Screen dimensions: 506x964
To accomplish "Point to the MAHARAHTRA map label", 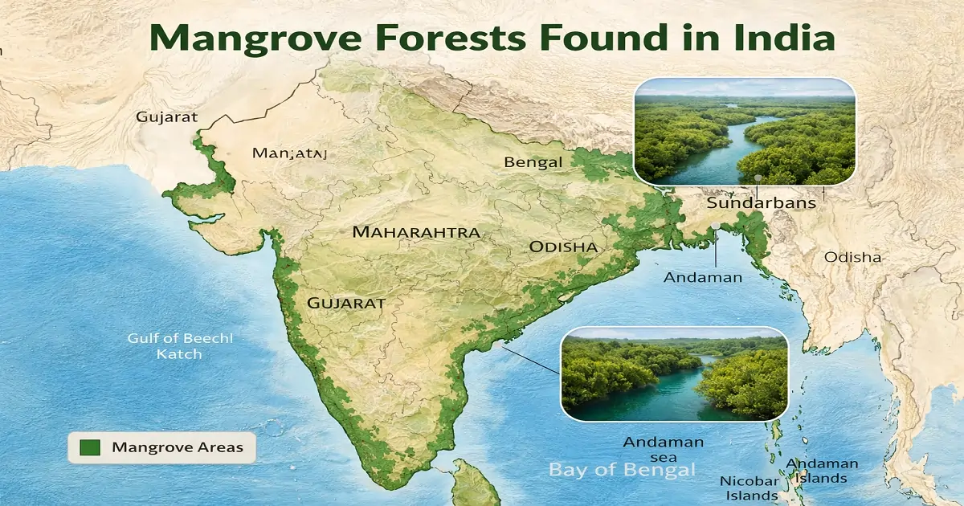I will coord(416,232).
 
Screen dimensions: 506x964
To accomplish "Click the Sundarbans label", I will coord(761,203).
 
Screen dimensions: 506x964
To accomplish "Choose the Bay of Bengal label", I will coord(622,470).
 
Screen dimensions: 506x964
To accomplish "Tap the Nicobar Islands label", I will coord(748,488).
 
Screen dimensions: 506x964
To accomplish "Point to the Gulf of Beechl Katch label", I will coord(180,346).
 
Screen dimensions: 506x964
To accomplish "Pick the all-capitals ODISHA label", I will coord(563,247).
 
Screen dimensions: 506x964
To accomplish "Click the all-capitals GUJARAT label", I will coord(345,304).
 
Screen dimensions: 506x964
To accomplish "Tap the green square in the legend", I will coord(90,447).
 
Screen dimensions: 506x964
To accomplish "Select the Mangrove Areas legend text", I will coord(177,447).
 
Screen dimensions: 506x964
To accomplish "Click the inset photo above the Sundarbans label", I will coord(744,131).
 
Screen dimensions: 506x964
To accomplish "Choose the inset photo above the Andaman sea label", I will coord(673,373).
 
